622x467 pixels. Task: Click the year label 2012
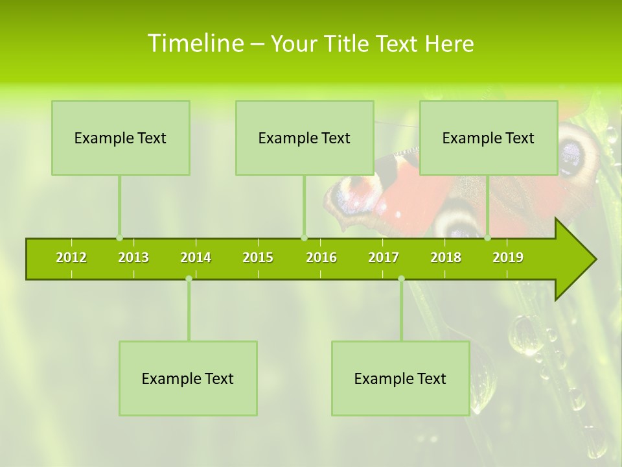click(x=71, y=257)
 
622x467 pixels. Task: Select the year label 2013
click(x=133, y=257)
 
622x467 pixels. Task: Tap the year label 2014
click(x=196, y=257)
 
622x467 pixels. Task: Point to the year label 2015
click(x=258, y=257)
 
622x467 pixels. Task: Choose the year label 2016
click(x=321, y=257)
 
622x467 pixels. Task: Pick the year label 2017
click(x=384, y=257)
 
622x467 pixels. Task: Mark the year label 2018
click(x=446, y=257)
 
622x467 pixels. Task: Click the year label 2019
click(x=508, y=257)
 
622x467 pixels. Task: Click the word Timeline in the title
click(x=195, y=43)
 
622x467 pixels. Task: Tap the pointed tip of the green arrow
click(x=594, y=259)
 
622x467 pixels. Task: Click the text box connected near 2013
click(x=121, y=138)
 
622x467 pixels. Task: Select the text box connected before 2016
click(x=305, y=138)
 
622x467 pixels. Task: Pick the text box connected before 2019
click(x=489, y=138)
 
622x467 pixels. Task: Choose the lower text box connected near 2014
click(x=188, y=378)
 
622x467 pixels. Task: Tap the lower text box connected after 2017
click(x=400, y=378)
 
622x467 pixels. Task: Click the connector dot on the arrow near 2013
click(x=119, y=238)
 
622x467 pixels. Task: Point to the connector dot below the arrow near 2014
click(x=189, y=279)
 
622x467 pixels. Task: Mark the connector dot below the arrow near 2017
click(x=401, y=279)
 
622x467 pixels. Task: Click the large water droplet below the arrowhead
click(x=525, y=335)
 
